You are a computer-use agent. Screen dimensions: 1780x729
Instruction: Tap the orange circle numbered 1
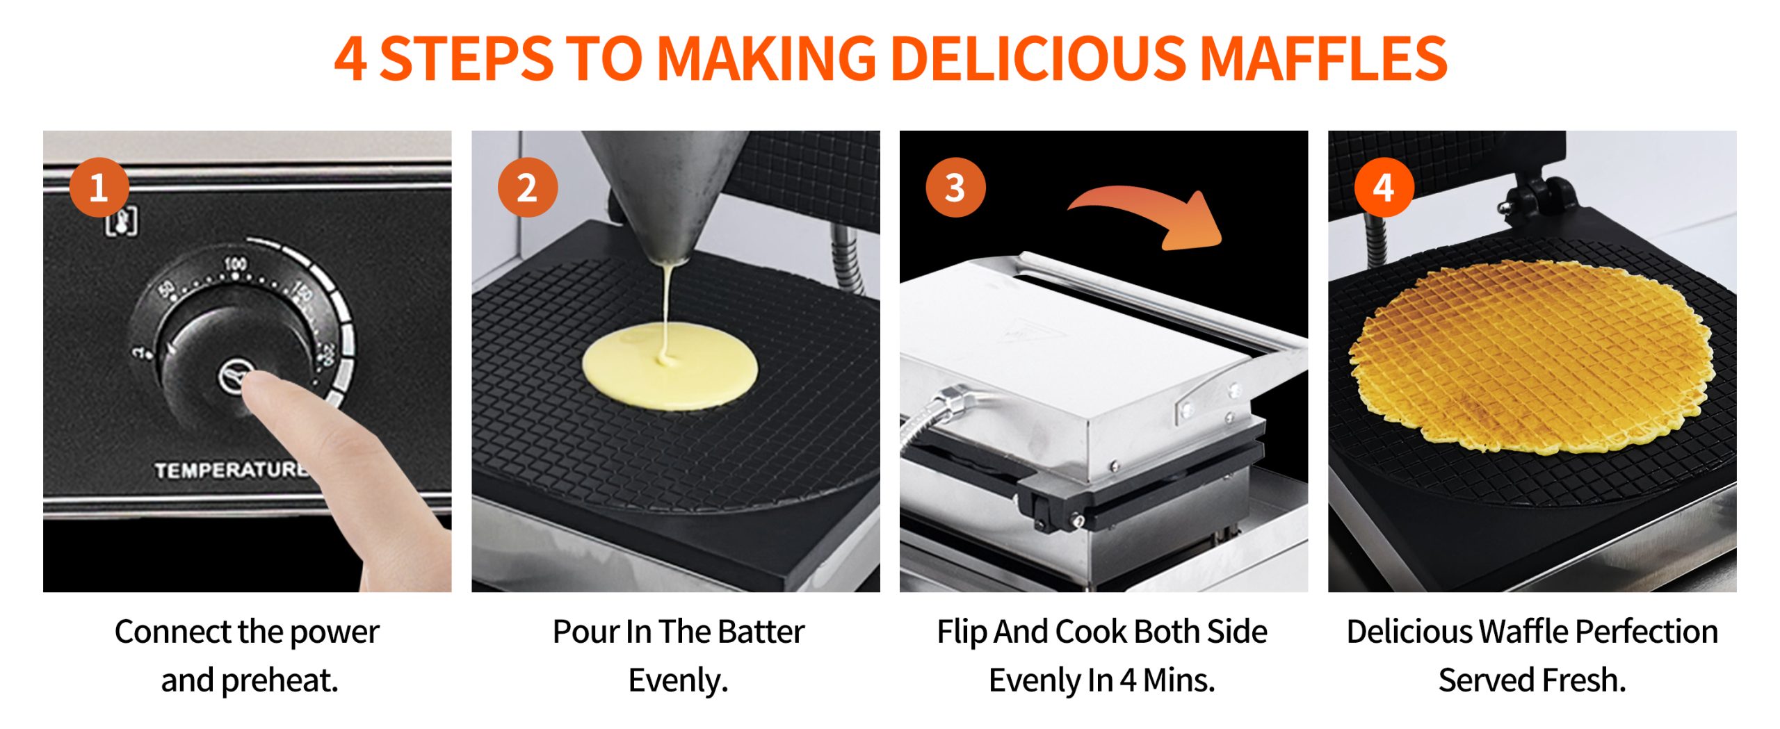tap(99, 188)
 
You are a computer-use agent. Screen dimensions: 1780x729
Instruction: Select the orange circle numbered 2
tap(528, 188)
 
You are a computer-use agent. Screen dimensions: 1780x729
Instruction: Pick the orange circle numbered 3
tap(955, 188)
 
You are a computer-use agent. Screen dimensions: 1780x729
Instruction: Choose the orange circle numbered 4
tap(1384, 188)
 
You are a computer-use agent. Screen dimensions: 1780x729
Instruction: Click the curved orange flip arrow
tap(1147, 208)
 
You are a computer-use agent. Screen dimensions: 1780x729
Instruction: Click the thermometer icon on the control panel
tap(121, 222)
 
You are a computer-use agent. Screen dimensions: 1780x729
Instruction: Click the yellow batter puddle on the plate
tap(670, 366)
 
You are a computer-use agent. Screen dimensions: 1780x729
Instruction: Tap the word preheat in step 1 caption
tap(280, 680)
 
